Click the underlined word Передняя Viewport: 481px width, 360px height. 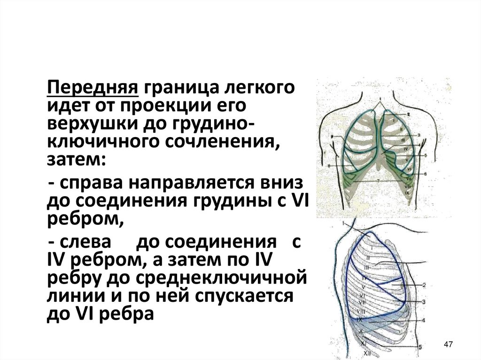92,88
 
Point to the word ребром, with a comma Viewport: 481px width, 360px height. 85,219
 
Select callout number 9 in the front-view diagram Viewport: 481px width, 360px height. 332,137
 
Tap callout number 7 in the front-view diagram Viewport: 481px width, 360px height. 378,180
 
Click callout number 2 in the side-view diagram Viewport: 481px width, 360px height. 424,285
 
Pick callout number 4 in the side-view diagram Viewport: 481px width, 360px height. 423,321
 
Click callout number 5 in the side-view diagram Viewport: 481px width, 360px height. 420,347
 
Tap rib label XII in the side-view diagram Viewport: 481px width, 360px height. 367,352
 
